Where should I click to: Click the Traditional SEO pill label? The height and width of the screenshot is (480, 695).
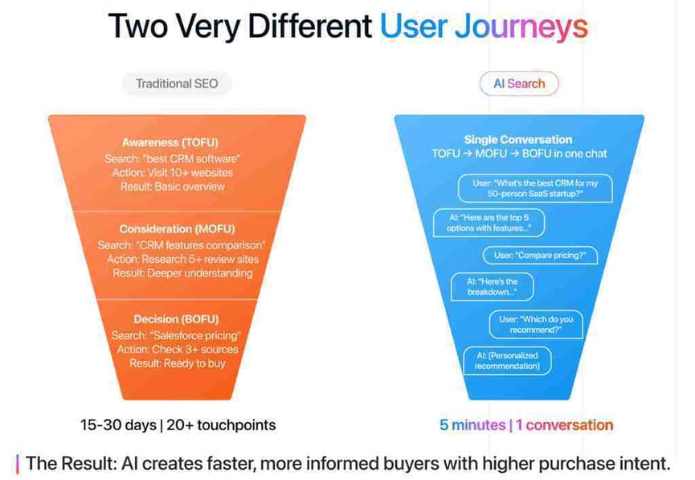pyautogui.click(x=177, y=84)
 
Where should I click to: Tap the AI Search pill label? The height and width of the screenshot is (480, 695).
pyautogui.click(x=519, y=84)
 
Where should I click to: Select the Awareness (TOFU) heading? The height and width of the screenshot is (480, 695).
pyautogui.click(x=170, y=142)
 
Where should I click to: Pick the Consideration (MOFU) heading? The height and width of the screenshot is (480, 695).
pyautogui.click(x=178, y=229)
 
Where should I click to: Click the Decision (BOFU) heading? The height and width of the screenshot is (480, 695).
pyautogui.click(x=177, y=319)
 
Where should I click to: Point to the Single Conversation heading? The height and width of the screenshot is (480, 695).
pyautogui.click(x=518, y=140)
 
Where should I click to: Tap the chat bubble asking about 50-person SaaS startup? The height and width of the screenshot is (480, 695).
pyautogui.click(x=535, y=188)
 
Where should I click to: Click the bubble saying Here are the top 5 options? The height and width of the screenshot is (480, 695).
pyautogui.click(x=489, y=223)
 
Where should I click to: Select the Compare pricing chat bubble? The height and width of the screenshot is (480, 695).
pyautogui.click(x=540, y=256)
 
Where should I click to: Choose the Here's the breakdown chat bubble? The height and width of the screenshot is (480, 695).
pyautogui.click(x=492, y=287)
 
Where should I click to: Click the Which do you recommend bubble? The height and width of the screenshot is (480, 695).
pyautogui.click(x=536, y=325)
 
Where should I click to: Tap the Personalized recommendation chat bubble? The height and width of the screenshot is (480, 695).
pyautogui.click(x=508, y=361)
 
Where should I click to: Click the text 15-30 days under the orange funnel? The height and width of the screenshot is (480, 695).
pyautogui.click(x=118, y=425)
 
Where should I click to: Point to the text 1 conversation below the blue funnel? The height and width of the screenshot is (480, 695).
pyautogui.click(x=564, y=425)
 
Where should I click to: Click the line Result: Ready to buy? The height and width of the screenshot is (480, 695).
pyautogui.click(x=178, y=363)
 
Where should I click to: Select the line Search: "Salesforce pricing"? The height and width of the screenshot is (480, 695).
pyautogui.click(x=176, y=336)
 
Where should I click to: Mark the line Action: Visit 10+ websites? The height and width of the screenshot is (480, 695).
pyautogui.click(x=173, y=173)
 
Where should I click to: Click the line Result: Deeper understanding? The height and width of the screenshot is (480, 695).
pyautogui.click(x=182, y=273)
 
